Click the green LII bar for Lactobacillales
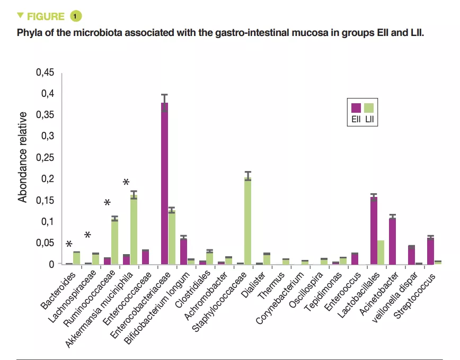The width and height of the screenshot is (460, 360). tap(381, 252)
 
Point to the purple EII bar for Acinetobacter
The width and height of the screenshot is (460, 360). tap(393, 241)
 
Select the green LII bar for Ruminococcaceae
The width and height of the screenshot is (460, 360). tap(114, 241)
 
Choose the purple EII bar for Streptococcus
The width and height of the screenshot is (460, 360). tap(431, 251)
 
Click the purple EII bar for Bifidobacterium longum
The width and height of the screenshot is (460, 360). tap(183, 251)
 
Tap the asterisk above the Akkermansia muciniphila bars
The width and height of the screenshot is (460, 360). tap(126, 183)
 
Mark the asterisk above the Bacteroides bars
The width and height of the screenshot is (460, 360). tap(69, 244)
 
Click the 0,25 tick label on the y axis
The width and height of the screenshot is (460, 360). tap(46, 157)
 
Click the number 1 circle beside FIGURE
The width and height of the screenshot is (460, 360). tap(76, 16)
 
